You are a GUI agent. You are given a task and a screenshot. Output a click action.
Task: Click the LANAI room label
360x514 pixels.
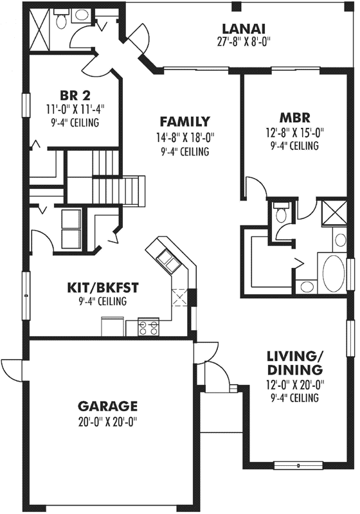pyautogui.click(x=244, y=29)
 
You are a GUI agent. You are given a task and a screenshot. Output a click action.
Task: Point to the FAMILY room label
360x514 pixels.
pyautogui.click(x=184, y=121)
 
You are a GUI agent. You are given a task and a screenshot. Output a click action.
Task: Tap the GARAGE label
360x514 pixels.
pyautogui.click(x=107, y=406)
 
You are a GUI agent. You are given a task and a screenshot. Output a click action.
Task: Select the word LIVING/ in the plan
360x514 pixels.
pyautogui.click(x=295, y=355)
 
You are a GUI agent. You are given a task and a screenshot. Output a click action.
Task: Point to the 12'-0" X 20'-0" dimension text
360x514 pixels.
pyautogui.click(x=295, y=385)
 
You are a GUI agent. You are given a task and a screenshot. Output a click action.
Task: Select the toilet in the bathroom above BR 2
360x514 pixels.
pyautogui.click(x=61, y=21)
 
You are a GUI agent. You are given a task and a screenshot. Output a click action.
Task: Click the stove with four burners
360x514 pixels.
pyautogui.click(x=148, y=328)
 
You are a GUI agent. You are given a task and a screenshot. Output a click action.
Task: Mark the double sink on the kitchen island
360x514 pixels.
pyautogui.click(x=166, y=258)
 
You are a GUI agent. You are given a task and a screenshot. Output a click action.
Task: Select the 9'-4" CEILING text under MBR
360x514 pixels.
pyautogui.click(x=295, y=146)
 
